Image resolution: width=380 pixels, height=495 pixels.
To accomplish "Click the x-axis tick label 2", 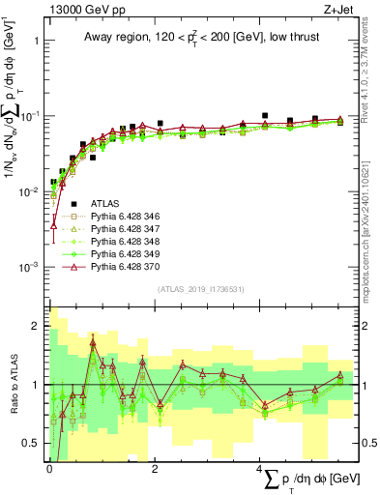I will pyautogui.click(x=156, y=469).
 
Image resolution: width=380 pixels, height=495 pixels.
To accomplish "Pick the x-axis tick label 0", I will pyautogui.click(x=49, y=469).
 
